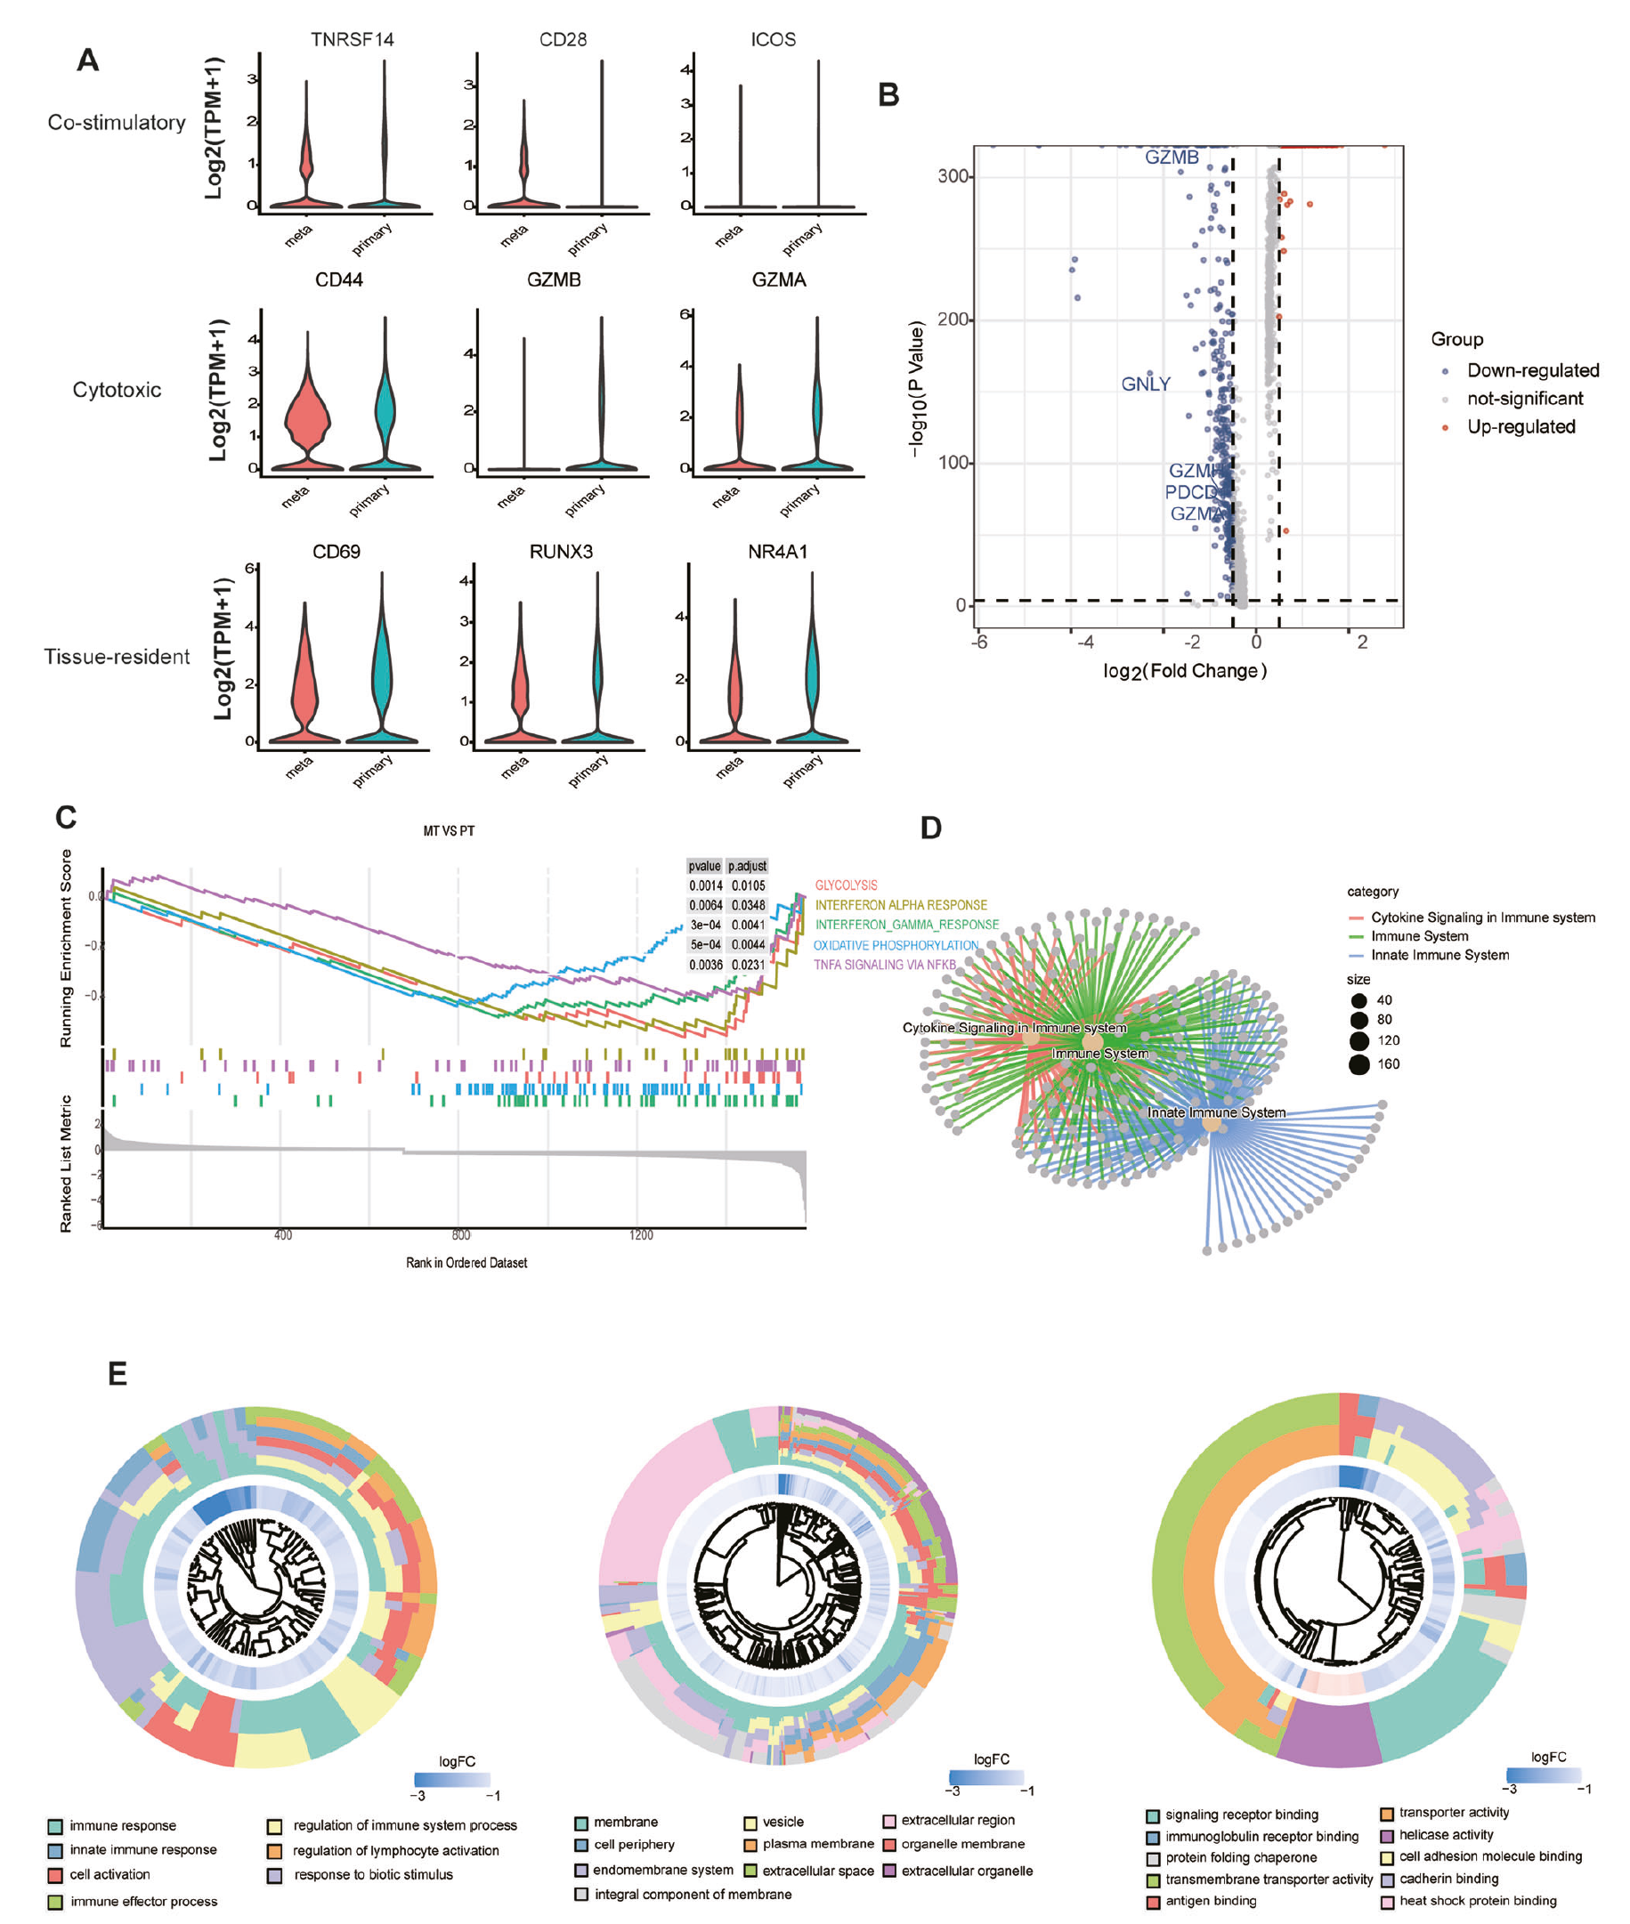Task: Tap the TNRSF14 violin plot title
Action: pos(352,40)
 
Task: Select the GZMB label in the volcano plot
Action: pos(1171,157)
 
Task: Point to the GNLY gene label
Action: pos(1145,384)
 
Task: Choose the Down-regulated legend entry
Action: pos(1532,370)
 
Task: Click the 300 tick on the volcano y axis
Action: pos(953,176)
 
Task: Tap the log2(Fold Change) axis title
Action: pos(1184,671)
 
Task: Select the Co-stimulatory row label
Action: pos(117,123)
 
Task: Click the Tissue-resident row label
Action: pos(117,657)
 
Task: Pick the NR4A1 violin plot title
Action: pos(777,552)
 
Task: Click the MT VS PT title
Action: pos(449,831)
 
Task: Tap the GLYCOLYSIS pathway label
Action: pos(846,885)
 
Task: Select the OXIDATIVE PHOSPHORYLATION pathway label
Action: pos(896,945)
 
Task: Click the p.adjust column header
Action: pos(747,866)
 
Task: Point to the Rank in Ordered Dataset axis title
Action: pos(466,1263)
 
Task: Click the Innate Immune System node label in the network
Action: pos(1216,1112)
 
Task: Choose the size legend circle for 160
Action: pos(1358,1065)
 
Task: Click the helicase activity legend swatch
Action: pos(1387,1835)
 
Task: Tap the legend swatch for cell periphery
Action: pos(581,1845)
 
